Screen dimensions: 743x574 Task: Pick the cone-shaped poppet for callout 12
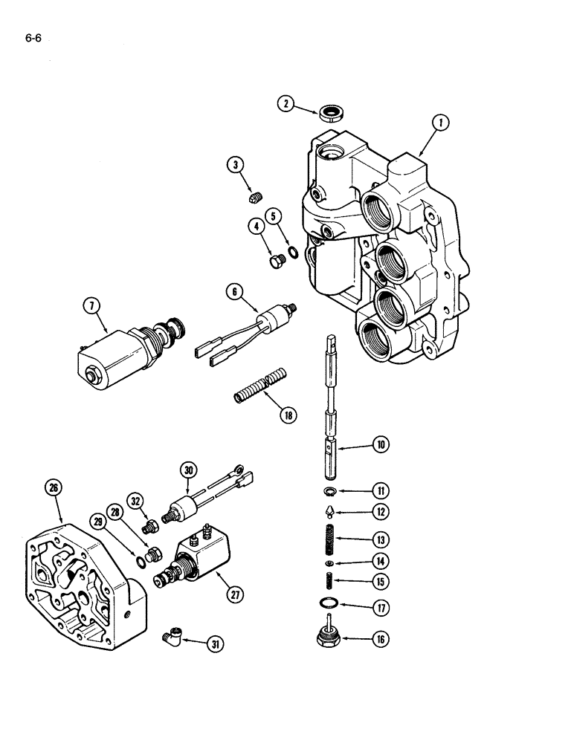coord(330,511)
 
